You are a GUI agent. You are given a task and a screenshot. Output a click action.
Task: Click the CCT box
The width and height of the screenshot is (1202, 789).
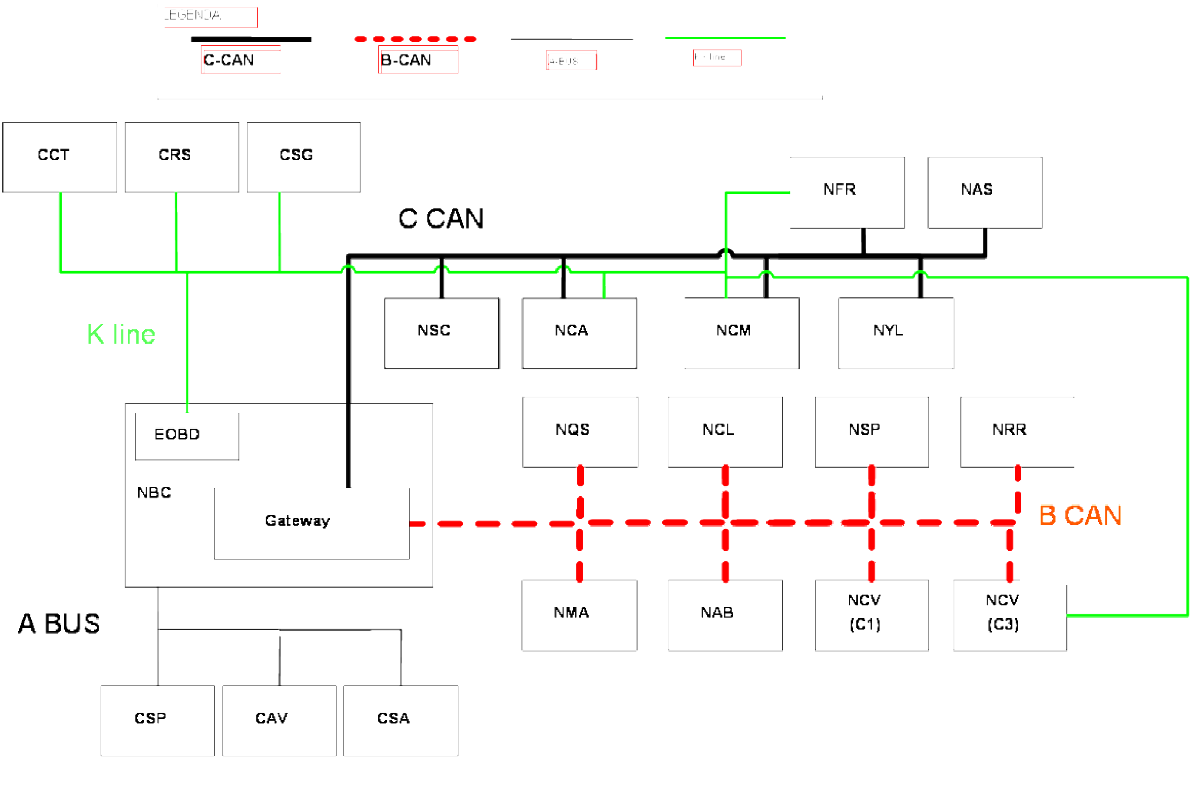[x=60, y=157]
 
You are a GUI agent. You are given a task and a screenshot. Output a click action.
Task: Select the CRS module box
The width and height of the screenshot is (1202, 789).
[x=182, y=157]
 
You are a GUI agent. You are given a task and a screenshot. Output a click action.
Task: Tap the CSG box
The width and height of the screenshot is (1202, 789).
[x=304, y=157]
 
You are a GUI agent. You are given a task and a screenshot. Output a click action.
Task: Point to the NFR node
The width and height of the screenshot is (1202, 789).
[x=848, y=192]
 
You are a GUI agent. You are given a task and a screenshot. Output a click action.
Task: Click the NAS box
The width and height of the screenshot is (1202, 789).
[x=985, y=192]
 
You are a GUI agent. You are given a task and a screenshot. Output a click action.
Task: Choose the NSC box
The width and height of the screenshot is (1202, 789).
[x=442, y=333]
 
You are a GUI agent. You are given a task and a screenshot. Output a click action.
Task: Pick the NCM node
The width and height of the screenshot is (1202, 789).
[x=742, y=333]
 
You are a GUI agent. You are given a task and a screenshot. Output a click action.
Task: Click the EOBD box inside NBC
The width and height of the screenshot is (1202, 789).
[x=187, y=436]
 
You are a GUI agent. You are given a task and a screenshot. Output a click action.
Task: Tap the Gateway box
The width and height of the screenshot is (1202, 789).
[x=311, y=523]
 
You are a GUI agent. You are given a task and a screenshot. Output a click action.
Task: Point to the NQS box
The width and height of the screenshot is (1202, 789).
[x=580, y=432]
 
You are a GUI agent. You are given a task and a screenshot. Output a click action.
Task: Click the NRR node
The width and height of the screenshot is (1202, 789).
[x=1017, y=432]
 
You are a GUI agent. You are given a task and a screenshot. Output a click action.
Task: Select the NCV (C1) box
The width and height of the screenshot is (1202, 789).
[x=871, y=615]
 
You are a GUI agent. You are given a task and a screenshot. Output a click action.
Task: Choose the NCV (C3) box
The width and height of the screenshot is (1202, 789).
[x=1010, y=615]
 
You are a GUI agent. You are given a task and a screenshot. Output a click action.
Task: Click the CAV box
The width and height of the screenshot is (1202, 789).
[x=279, y=720]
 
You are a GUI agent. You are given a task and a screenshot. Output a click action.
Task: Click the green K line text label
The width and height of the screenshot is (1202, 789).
[x=121, y=335]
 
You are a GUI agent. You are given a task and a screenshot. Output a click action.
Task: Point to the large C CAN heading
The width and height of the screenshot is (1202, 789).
[x=441, y=219]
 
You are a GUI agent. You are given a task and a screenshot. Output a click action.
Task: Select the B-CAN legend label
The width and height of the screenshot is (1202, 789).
[x=406, y=60]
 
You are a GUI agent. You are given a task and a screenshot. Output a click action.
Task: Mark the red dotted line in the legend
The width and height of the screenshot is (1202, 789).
[x=415, y=39]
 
